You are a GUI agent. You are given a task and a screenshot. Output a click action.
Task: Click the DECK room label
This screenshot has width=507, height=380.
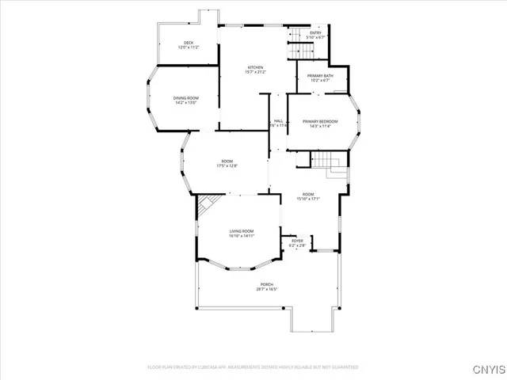click(189, 43)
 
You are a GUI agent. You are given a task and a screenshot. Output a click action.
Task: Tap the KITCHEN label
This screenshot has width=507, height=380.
click(255, 67)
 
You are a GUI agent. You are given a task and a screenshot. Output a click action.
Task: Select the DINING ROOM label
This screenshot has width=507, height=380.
click(185, 97)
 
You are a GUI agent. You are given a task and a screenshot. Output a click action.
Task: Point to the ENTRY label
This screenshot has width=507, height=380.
click(315, 32)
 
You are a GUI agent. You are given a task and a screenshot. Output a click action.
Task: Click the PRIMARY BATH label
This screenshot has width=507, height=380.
click(322, 75)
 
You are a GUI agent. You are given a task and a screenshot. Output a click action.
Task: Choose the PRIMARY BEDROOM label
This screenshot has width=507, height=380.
click(320, 121)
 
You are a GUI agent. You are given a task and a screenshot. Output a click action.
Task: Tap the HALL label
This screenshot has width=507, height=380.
click(279, 121)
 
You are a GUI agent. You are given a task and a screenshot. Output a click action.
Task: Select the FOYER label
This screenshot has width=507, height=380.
click(297, 241)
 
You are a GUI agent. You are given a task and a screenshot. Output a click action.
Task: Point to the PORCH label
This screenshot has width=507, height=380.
click(266, 284)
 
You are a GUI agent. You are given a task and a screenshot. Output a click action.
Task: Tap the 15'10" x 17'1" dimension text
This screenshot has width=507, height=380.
click(308, 199)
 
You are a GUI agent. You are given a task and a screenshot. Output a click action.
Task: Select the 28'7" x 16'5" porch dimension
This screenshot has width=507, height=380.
click(266, 290)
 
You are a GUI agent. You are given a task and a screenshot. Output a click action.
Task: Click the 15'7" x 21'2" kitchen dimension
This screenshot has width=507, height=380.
click(255, 73)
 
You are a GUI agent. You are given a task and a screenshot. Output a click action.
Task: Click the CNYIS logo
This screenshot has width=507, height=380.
click(486, 368)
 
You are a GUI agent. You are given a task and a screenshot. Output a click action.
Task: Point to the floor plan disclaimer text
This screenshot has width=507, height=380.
click(253, 367)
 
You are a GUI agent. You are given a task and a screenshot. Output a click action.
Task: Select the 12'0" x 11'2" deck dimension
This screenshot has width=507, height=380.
click(189, 48)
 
